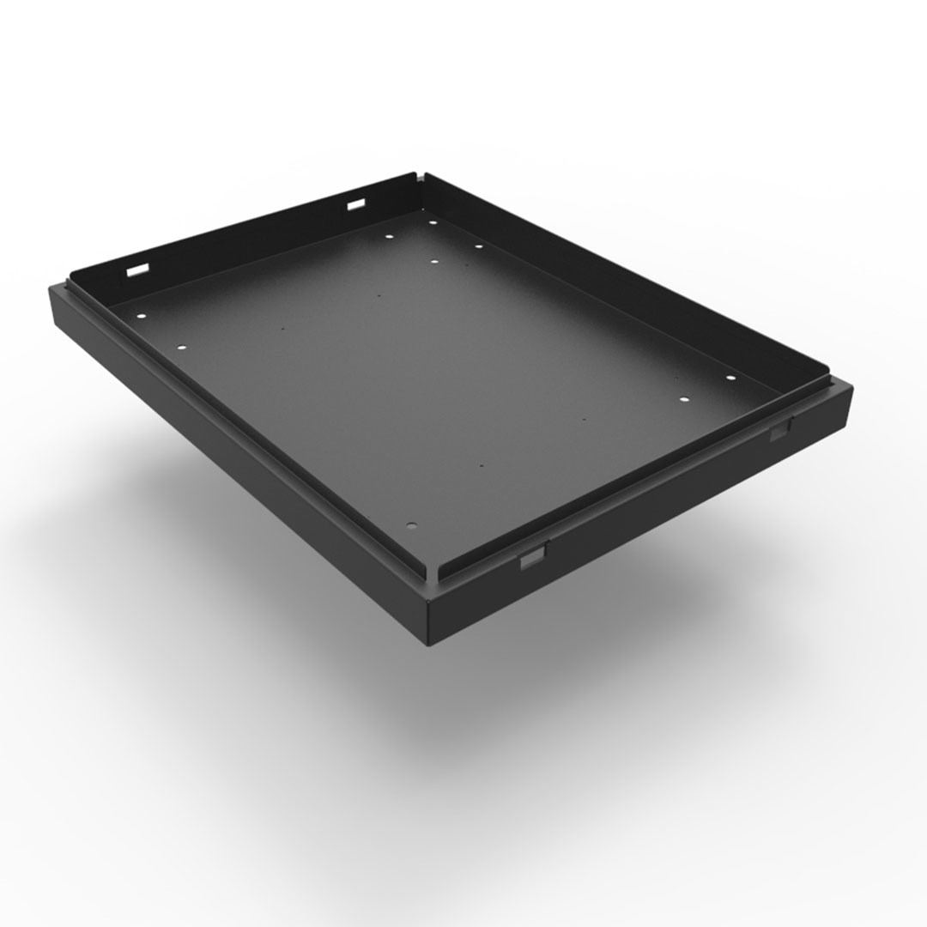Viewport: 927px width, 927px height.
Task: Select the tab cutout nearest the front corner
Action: tap(531, 560)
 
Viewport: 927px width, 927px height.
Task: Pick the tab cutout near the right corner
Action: tap(779, 432)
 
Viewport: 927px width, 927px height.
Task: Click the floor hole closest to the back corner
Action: tap(433, 223)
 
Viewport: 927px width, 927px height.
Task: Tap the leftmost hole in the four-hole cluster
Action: tap(388, 236)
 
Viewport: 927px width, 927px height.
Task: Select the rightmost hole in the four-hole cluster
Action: tap(478, 246)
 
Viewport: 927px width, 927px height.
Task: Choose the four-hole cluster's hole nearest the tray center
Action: tap(433, 261)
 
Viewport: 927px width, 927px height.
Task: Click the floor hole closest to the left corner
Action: tap(138, 314)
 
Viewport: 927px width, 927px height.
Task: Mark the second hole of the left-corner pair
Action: tap(181, 347)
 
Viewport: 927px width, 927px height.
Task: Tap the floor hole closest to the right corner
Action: tap(730, 378)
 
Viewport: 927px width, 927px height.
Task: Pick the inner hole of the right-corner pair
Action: tap(684, 399)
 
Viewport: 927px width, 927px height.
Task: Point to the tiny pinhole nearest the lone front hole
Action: tap(482, 466)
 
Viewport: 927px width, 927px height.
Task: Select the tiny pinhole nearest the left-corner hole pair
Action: tap(282, 328)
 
